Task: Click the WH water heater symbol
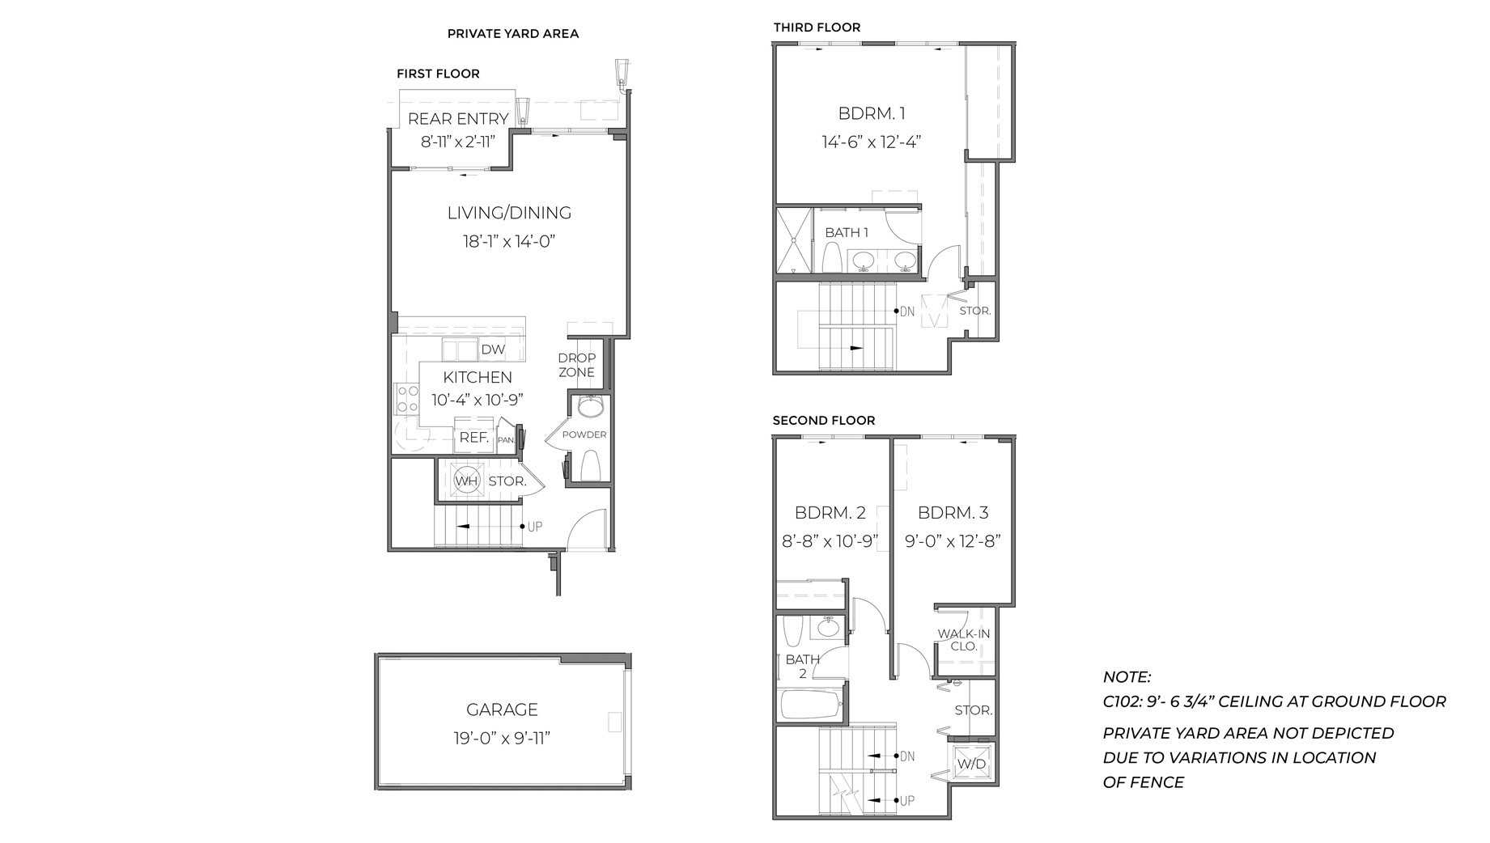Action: coord(466,481)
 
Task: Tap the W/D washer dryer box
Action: coord(971,764)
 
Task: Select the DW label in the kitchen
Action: coord(493,349)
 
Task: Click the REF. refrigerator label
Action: coord(473,438)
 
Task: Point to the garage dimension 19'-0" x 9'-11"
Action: coord(502,739)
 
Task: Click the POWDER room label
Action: coord(584,434)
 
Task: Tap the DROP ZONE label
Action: coord(576,365)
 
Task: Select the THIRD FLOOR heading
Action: coord(817,28)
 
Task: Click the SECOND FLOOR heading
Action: coord(823,421)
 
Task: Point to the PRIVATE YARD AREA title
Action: coord(512,34)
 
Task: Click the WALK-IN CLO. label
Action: coord(963,640)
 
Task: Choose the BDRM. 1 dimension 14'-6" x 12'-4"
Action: coord(871,142)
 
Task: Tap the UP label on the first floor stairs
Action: coord(534,527)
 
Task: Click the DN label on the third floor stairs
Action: coord(906,311)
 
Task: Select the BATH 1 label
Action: coord(847,233)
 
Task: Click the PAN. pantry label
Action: coord(506,441)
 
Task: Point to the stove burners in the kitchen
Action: coord(406,399)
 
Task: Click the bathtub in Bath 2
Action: coord(810,705)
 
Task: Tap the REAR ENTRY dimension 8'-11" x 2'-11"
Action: coord(457,142)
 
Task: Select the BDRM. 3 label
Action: coord(953,513)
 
